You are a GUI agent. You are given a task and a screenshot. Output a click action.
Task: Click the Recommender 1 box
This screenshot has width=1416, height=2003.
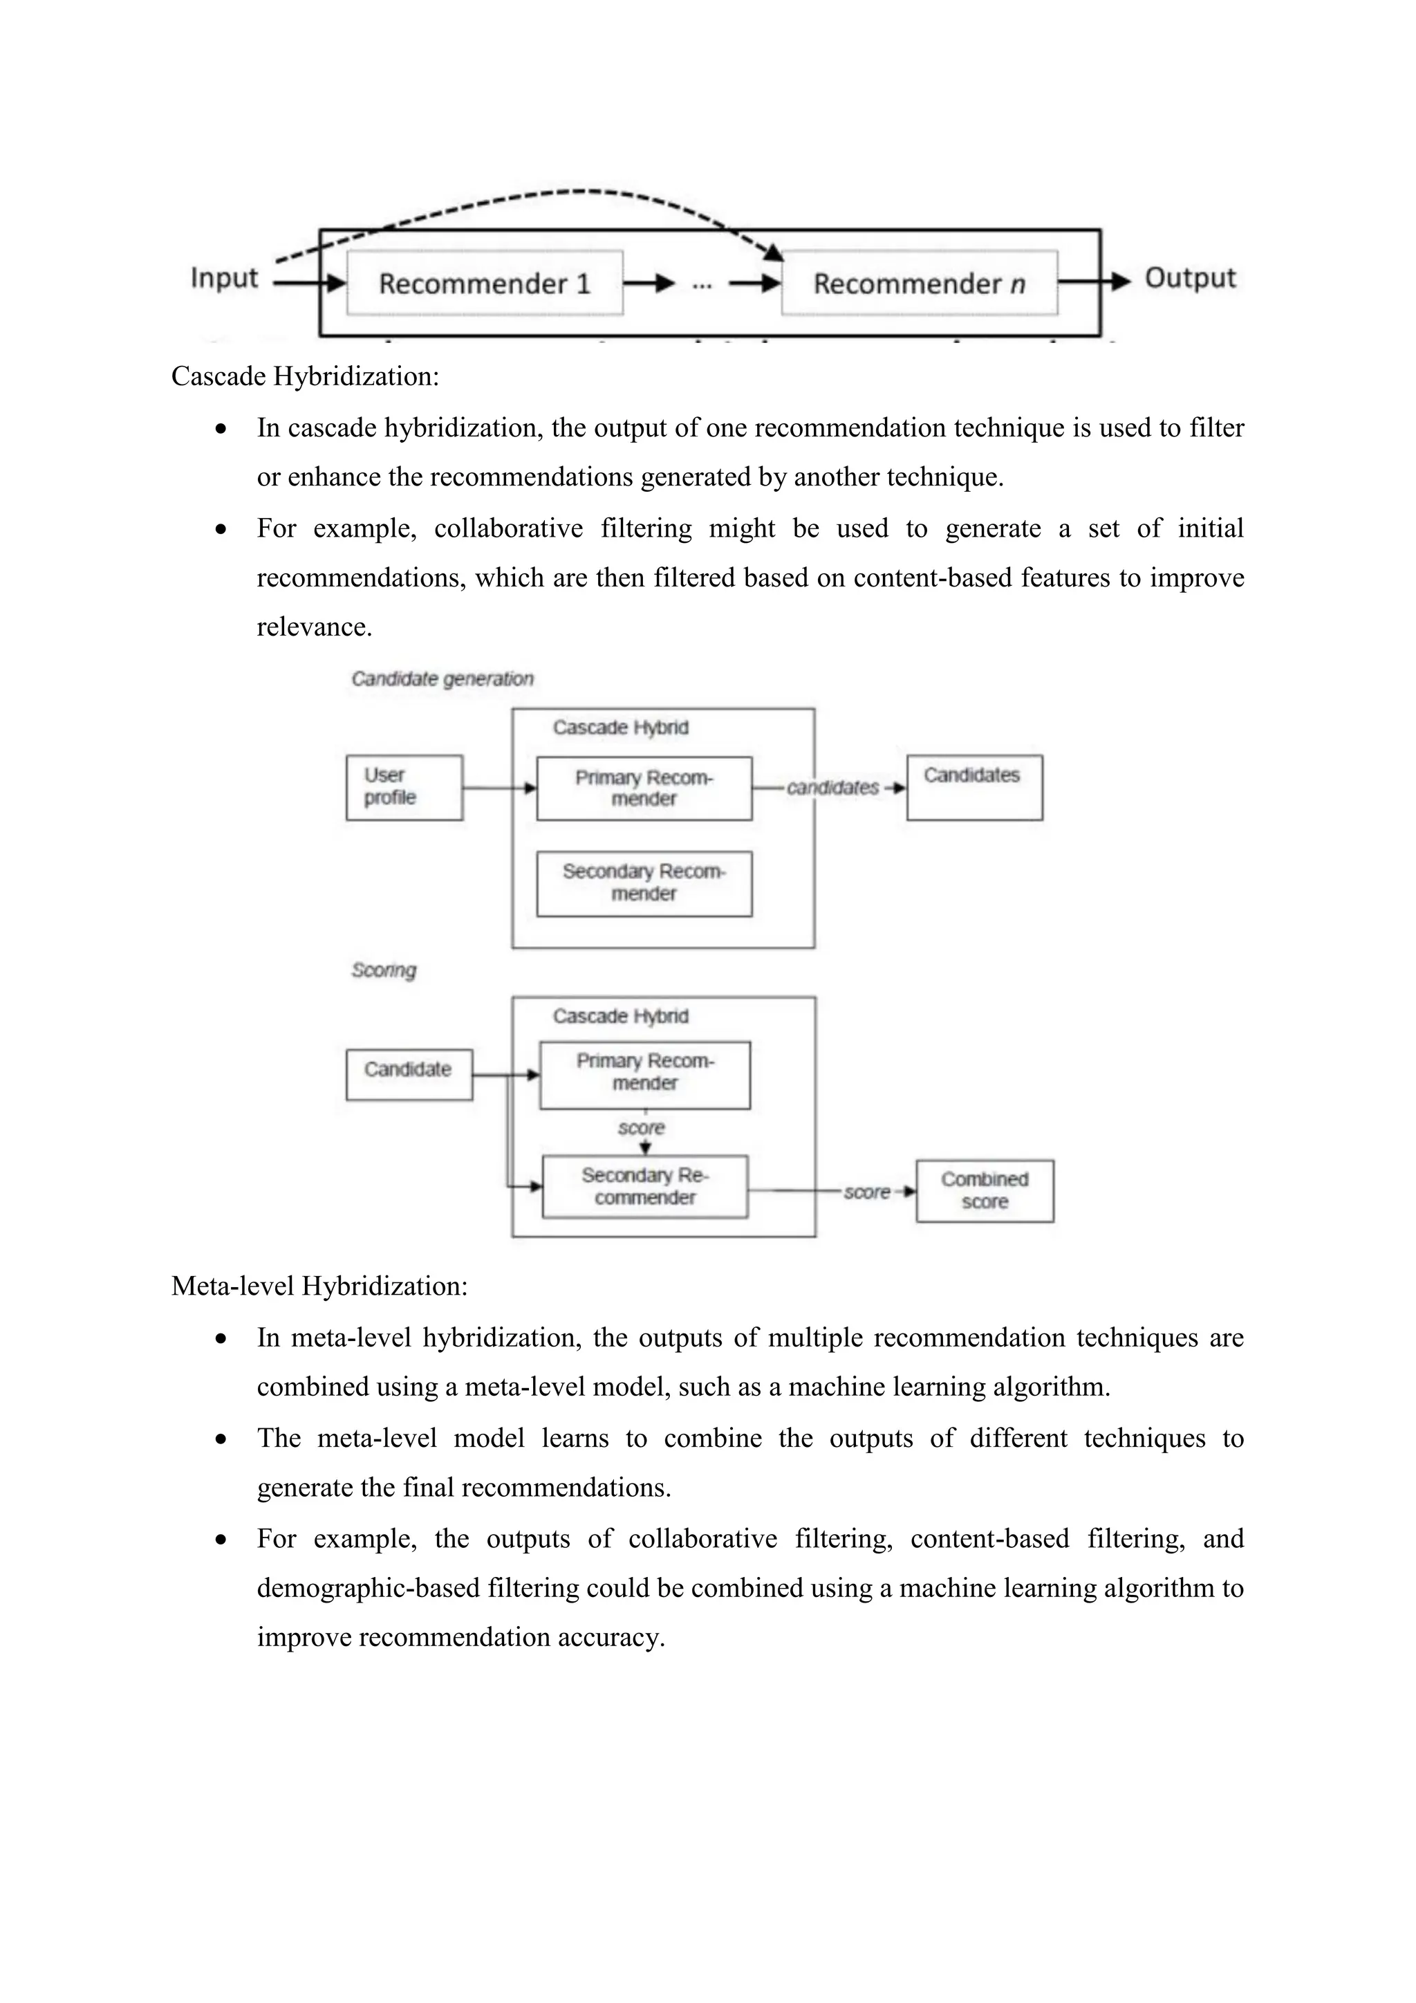(485, 284)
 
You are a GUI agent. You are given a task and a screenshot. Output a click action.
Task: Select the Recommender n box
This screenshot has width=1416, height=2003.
(919, 284)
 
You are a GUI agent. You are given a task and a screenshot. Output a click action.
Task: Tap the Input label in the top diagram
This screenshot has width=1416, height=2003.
(224, 278)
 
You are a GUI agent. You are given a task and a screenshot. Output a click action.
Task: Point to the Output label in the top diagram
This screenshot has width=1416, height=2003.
(1189, 278)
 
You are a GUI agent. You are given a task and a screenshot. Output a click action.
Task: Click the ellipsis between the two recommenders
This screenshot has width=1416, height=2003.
(702, 284)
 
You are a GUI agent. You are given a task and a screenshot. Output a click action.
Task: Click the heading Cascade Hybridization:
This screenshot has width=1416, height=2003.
(304, 376)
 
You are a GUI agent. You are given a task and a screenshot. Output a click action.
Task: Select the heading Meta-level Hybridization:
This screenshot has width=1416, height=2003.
(319, 1286)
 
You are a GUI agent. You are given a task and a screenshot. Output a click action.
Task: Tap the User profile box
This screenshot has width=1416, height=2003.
(404, 787)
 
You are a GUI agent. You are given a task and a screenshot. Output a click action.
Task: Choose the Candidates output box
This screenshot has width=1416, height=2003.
(974, 787)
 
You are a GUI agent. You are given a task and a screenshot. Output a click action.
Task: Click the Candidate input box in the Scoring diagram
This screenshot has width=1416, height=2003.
(408, 1074)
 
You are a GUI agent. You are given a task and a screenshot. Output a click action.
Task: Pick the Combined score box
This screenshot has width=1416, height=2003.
(985, 1191)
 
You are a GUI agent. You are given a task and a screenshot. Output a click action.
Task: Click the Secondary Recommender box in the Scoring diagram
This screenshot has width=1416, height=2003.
(644, 1186)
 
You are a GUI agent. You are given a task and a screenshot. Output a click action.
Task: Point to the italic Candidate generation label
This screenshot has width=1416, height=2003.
(442, 679)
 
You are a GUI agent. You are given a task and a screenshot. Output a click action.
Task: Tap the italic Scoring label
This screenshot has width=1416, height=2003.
(384, 970)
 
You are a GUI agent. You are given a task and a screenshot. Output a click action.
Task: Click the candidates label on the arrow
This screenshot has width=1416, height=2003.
(832, 788)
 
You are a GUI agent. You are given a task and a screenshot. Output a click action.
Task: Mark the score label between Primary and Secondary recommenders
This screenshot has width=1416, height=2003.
(641, 1128)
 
